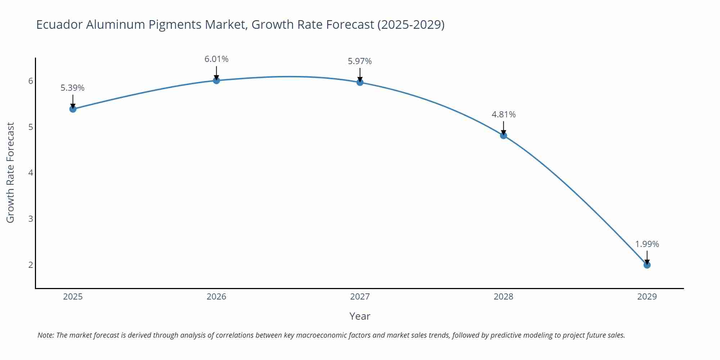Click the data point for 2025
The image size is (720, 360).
click(x=73, y=109)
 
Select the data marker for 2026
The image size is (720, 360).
click(x=216, y=80)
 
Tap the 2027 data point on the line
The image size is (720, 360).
click(x=360, y=82)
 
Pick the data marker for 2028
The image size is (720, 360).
click(x=503, y=135)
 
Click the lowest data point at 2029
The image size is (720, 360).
click(x=647, y=265)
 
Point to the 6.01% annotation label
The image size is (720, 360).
click(x=216, y=59)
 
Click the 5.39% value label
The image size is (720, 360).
click(x=72, y=88)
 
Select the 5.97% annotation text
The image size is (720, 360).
click(x=360, y=61)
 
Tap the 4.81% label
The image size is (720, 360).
click(x=503, y=114)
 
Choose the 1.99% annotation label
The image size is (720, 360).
click(x=647, y=244)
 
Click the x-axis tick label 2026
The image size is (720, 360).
click(x=216, y=297)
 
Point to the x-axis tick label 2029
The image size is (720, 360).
click(x=647, y=297)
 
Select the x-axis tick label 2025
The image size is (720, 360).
click(x=73, y=297)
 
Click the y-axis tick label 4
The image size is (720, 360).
click(x=31, y=173)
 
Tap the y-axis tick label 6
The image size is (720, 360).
click(x=31, y=81)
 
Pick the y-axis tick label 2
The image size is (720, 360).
click(x=31, y=265)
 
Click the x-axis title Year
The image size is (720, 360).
click(x=360, y=316)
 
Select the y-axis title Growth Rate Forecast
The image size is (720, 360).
click(x=10, y=173)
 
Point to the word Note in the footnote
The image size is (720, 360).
click(x=45, y=335)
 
